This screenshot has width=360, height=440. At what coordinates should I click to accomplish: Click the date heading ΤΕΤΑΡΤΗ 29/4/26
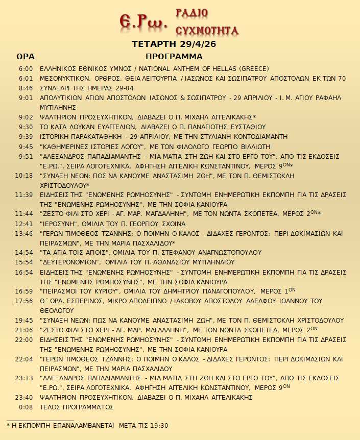174,44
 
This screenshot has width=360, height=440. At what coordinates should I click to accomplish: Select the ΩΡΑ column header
25,56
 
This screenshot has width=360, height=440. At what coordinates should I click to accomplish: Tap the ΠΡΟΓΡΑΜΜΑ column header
174,56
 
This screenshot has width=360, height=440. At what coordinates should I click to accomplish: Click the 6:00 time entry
26,69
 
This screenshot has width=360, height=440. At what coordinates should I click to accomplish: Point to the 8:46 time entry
26,88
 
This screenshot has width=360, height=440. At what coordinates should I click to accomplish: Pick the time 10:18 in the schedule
24,175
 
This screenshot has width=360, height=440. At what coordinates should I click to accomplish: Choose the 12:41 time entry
24,224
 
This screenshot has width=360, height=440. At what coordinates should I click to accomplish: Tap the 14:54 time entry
24,252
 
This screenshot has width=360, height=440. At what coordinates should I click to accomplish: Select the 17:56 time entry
24,301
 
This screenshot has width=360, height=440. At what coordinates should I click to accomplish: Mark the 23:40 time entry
24,397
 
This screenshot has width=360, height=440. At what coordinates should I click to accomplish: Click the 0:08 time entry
26,407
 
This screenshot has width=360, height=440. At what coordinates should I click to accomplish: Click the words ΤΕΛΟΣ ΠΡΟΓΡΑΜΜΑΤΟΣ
77,407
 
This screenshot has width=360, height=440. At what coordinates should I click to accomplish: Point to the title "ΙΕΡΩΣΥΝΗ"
58,224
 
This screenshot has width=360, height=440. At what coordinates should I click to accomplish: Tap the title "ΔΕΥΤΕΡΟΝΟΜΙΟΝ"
68,262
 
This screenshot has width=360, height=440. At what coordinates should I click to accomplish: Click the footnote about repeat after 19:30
87,425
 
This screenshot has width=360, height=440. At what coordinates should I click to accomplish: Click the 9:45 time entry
26,146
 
